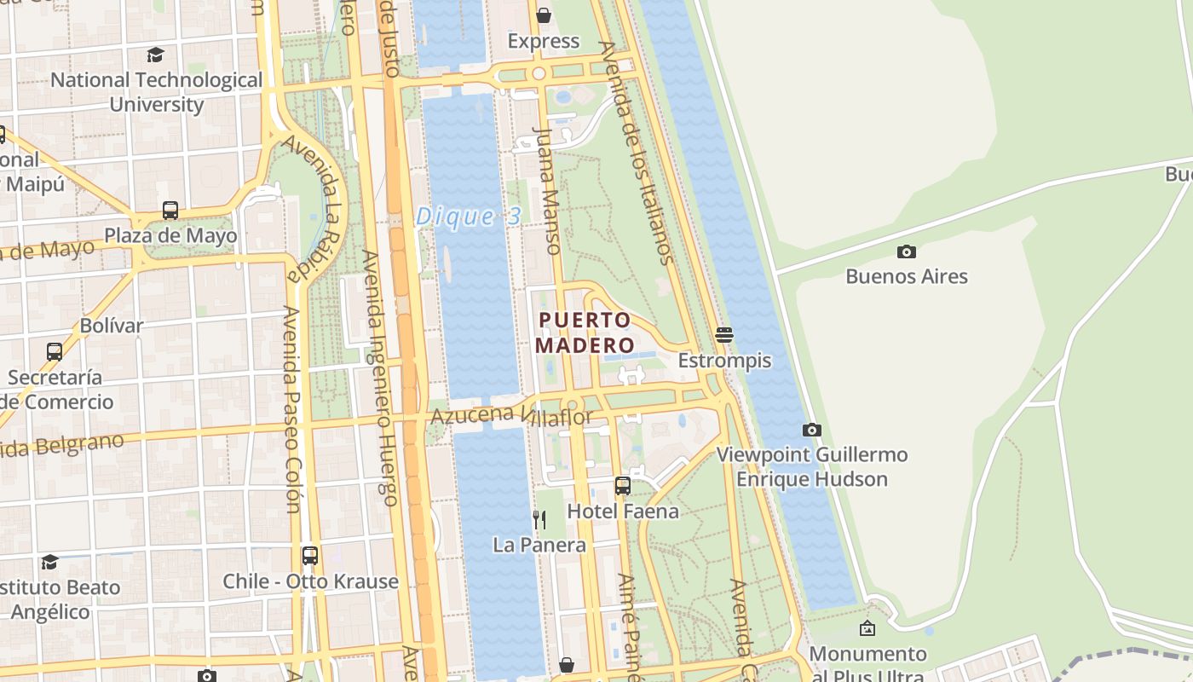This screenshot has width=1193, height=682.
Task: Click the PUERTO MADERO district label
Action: (x=585, y=332)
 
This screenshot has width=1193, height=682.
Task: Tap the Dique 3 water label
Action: (x=468, y=217)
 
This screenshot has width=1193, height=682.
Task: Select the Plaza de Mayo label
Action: (x=170, y=235)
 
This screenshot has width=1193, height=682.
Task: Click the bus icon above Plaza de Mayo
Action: (x=170, y=210)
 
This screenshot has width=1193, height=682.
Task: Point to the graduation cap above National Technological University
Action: (x=155, y=55)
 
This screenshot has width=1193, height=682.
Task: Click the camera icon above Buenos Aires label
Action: (x=907, y=251)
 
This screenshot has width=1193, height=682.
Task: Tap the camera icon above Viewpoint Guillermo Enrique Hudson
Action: (x=812, y=431)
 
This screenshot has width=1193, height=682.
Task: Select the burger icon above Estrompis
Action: (x=724, y=335)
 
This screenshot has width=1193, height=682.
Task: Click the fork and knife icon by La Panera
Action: (x=539, y=519)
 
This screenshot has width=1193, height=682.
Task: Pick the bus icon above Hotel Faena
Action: (x=623, y=486)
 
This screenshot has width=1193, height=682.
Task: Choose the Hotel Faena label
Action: (x=623, y=511)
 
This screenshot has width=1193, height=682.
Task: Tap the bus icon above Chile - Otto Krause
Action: (x=310, y=556)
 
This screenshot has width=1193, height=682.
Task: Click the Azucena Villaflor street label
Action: (x=511, y=416)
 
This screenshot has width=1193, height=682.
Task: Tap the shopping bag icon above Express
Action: (x=544, y=15)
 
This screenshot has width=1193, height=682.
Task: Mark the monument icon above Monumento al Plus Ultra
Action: (x=867, y=629)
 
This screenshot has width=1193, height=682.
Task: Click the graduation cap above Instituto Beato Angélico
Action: (x=50, y=562)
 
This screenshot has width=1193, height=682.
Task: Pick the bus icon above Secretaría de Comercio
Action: (x=55, y=351)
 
